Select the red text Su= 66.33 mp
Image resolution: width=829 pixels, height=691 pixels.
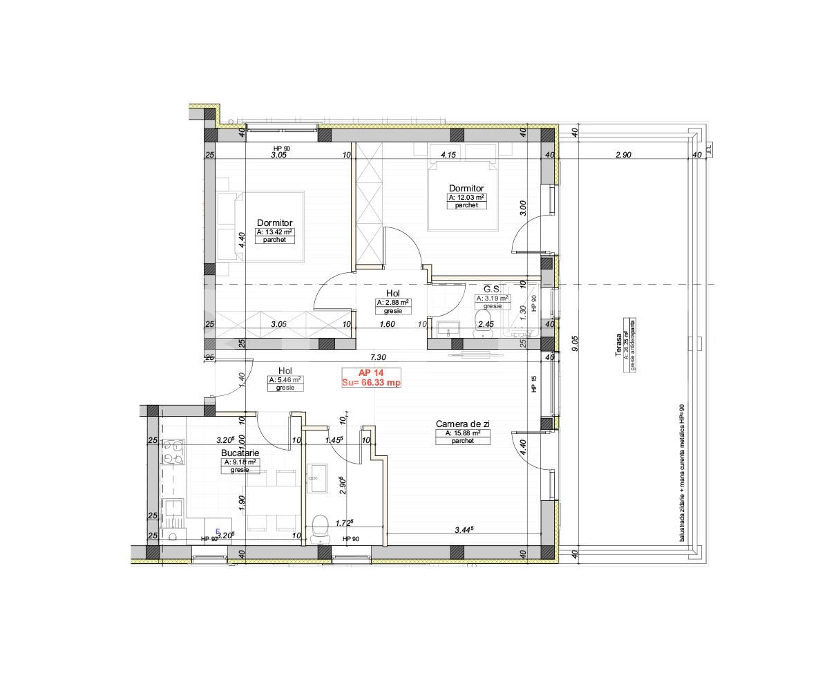[371, 382]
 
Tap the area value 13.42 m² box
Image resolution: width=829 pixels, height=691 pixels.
[275, 232]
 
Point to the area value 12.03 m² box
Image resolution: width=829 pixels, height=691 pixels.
[466, 198]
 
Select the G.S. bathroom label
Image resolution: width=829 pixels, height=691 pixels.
[491, 289]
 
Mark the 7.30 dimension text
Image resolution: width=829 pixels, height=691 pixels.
[377, 357]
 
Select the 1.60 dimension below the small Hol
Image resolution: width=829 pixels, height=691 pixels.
[387, 323]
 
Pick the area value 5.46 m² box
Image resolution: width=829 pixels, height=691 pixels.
[285, 380]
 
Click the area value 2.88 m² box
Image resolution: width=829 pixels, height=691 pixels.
[392, 303]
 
